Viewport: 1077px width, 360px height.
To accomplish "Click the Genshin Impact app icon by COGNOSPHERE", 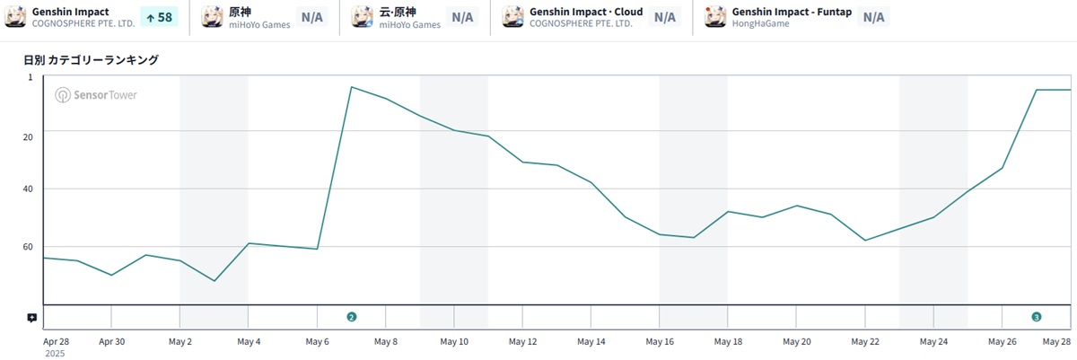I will (x=15, y=17).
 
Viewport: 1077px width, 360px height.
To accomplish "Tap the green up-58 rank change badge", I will (x=158, y=17).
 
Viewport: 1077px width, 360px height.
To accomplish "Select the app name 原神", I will (x=240, y=12).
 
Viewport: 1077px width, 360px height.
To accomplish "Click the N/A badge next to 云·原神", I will (x=462, y=17).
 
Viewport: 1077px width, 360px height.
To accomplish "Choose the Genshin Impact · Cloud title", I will (x=586, y=12).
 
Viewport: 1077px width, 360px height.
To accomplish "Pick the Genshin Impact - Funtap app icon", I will (x=715, y=17).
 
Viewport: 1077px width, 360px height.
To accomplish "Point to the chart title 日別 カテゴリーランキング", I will (x=91, y=60).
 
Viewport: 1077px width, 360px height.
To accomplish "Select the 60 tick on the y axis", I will (x=28, y=247).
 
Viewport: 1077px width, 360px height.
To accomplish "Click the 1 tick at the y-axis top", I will (x=30, y=78).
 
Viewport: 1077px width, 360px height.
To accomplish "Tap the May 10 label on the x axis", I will (x=454, y=342).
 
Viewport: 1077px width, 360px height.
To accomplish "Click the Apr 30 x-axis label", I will (x=111, y=342).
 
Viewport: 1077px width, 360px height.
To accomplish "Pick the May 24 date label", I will (x=933, y=342).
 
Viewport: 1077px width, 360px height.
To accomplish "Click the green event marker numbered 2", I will (x=351, y=317).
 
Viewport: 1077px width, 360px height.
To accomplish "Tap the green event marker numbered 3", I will (x=1037, y=317).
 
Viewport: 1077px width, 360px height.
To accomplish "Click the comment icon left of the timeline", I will (x=31, y=318).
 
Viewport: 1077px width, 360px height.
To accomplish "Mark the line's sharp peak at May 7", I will (x=351, y=87).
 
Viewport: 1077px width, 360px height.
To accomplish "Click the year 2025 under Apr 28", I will (x=54, y=354).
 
